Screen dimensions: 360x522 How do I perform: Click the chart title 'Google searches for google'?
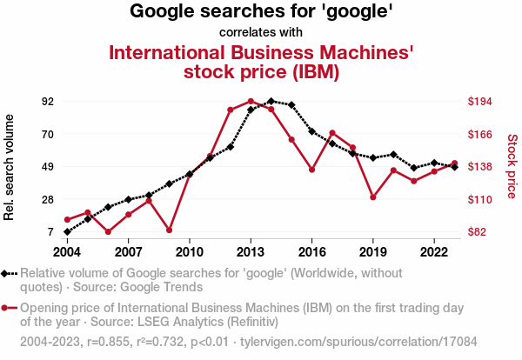(261, 12)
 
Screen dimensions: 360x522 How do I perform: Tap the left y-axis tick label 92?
(48, 102)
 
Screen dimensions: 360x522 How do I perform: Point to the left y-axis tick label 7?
(51, 232)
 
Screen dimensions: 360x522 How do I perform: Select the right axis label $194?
(480, 102)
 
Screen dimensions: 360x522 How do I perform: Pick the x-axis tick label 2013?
(251, 251)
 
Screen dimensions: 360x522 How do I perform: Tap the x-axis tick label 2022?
(434, 251)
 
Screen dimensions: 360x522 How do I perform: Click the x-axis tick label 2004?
(67, 251)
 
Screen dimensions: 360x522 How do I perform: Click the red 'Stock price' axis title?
(512, 165)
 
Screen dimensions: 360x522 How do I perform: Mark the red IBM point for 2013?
(251, 102)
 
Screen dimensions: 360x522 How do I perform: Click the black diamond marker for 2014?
(271, 102)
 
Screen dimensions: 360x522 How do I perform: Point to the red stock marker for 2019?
(373, 197)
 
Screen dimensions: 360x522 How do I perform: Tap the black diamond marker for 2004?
(67, 232)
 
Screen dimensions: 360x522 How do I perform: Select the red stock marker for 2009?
(169, 230)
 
